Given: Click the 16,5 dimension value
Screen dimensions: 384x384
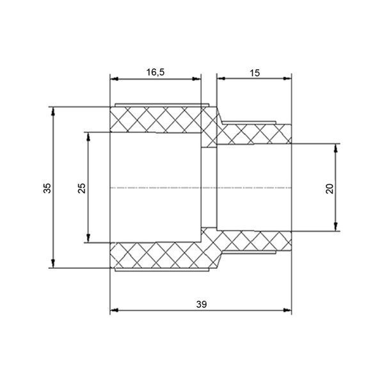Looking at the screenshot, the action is (x=156, y=72).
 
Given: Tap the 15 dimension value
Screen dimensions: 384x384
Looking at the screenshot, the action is (x=255, y=73).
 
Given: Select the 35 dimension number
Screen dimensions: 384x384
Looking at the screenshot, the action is (x=47, y=188).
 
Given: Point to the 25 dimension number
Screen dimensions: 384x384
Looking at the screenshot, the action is (x=82, y=188).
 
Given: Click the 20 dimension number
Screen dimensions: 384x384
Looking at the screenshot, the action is (x=330, y=188).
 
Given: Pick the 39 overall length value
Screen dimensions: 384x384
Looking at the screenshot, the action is (x=202, y=305).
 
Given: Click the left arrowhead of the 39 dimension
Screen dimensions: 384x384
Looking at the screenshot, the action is (x=114, y=310).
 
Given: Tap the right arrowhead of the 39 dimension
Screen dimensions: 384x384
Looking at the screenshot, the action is (x=287, y=310).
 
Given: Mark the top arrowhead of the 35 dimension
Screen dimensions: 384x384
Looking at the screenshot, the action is (x=53, y=111).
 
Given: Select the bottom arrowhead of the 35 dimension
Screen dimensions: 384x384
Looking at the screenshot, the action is (x=53, y=264).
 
